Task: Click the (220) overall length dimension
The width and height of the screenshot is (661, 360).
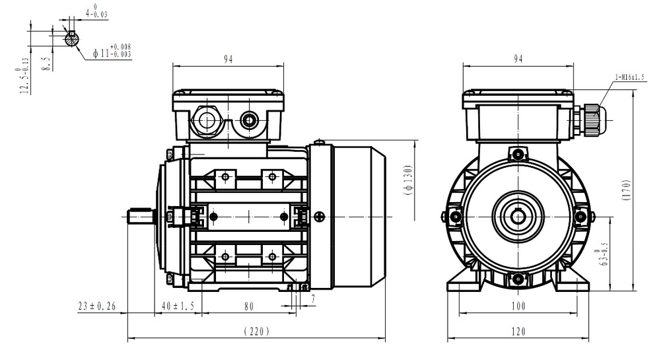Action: [256, 331]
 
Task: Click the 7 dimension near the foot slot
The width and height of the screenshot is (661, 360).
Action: [313, 299]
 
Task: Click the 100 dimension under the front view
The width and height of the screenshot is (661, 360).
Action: [518, 306]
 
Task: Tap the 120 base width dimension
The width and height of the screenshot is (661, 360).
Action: [518, 331]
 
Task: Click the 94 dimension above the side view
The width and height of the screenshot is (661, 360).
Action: [228, 59]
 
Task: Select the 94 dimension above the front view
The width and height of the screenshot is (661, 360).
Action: [518, 59]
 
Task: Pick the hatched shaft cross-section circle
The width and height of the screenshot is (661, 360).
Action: [71, 40]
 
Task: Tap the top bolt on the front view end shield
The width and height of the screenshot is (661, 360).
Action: [518, 155]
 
